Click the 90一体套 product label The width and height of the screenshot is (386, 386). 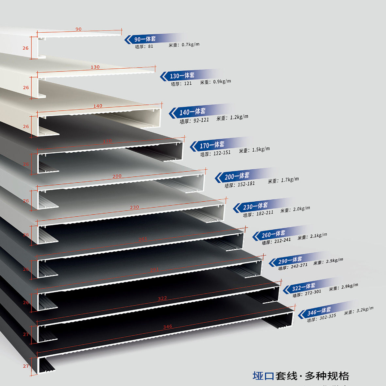tap(145, 39)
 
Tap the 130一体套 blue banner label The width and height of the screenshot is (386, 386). tap(182, 76)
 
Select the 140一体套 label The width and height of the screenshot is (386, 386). tap(193, 112)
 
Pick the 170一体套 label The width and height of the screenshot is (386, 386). tap(212, 145)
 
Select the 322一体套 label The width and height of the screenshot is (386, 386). tap(304, 287)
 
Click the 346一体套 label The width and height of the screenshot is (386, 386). tap(319, 311)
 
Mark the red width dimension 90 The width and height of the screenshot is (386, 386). tap(78, 29)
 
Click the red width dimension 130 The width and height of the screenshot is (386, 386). tap(95, 67)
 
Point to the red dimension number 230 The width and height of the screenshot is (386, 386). tap(134, 207)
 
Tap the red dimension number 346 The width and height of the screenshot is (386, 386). tap(167, 326)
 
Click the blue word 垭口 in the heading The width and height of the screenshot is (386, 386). tap(263, 376)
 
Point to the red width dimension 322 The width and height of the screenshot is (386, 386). tap(162, 298)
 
